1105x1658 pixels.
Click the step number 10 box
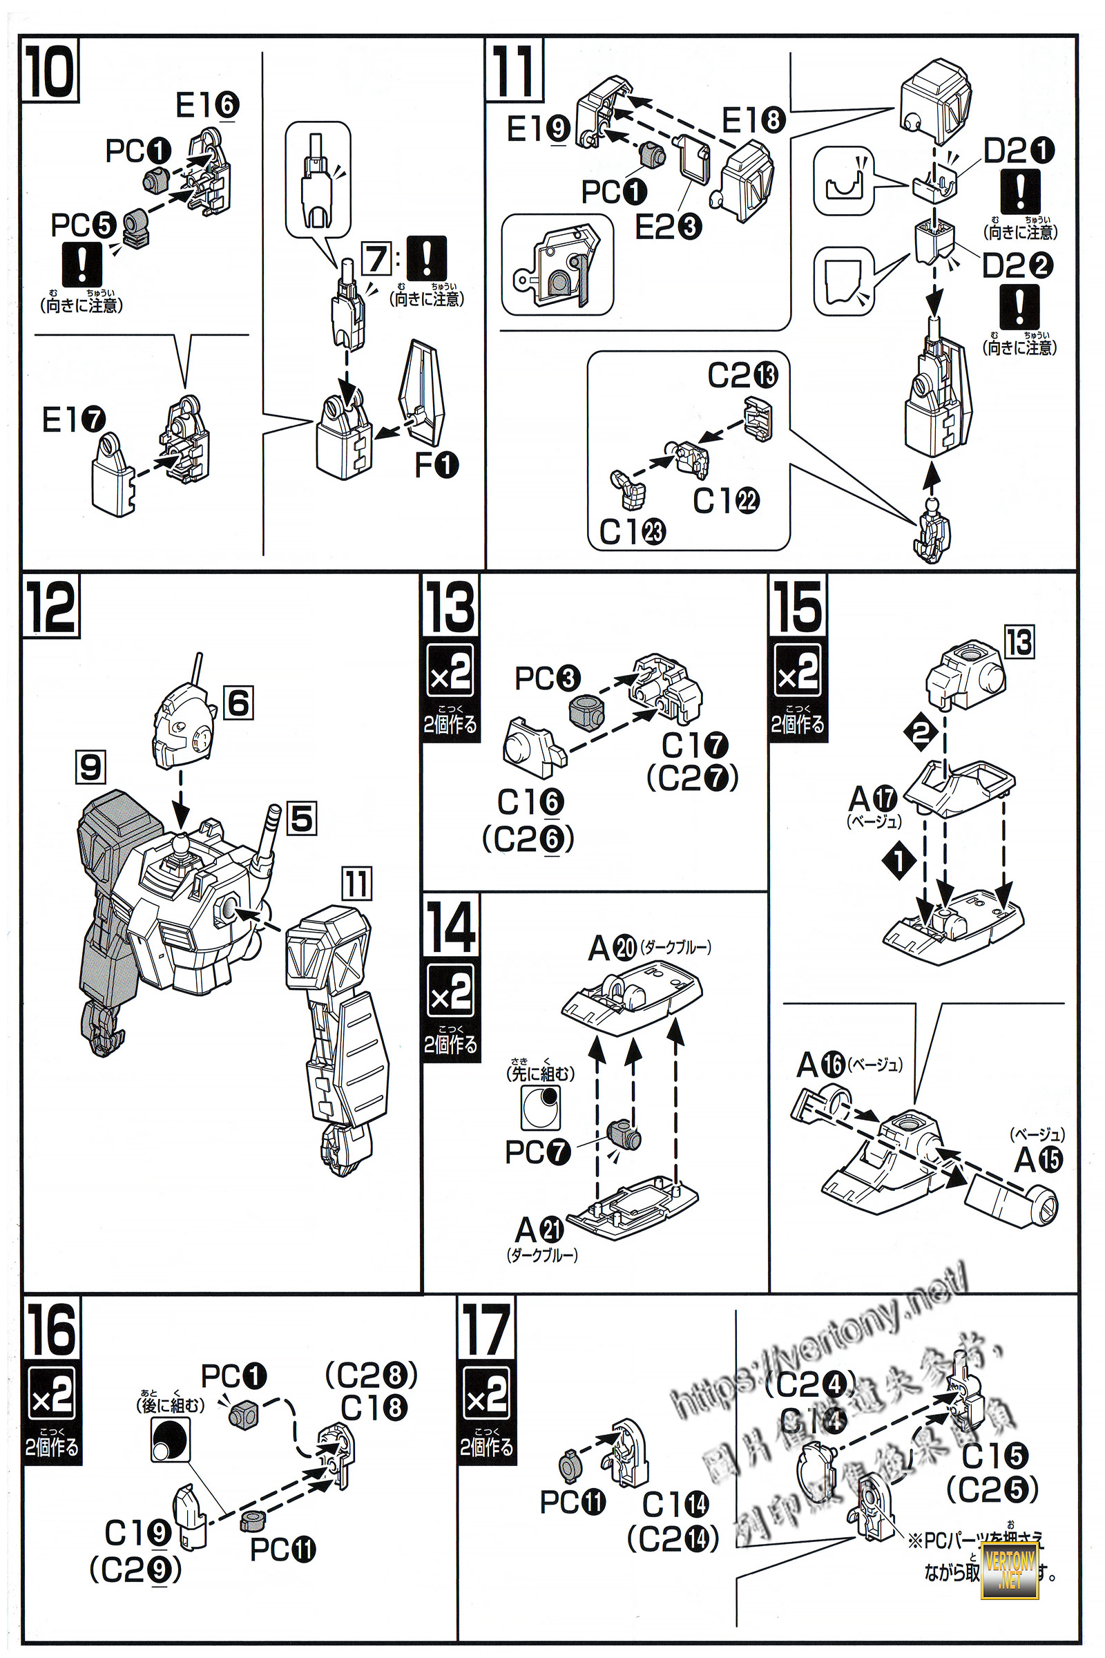[x=49, y=70]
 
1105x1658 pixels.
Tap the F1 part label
[x=436, y=464]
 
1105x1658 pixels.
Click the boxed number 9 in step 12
[x=90, y=767]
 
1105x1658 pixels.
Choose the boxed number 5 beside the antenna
[x=302, y=819]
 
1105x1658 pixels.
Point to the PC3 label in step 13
[x=548, y=678]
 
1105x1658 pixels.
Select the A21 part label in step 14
[x=539, y=1230]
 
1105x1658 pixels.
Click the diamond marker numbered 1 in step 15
[x=899, y=860]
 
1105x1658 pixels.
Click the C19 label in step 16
[x=137, y=1532]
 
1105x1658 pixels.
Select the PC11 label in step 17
[x=573, y=1502]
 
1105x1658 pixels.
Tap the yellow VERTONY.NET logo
[x=1009, y=1570]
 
